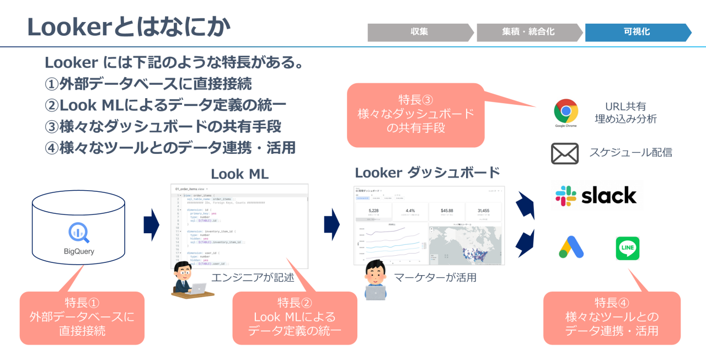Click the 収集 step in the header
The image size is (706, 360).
pos(419,32)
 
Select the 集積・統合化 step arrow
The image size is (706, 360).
pos(528,32)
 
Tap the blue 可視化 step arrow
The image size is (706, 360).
pos(636,32)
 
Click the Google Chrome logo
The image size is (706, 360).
pos(565,111)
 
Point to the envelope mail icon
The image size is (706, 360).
pos(565,153)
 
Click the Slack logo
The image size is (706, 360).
pos(596,196)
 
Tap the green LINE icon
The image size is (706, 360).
pos(627,248)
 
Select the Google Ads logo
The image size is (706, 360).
pos(571,248)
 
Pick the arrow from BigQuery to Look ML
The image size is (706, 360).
pos(151,224)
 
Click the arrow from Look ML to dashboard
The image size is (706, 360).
pos(331,224)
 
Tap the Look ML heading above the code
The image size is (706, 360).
pos(239,174)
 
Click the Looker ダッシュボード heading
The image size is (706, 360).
pos(427,173)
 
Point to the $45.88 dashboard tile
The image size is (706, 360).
pos(447,211)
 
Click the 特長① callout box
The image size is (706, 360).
pos(82,317)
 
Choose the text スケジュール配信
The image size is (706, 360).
pos(630,153)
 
